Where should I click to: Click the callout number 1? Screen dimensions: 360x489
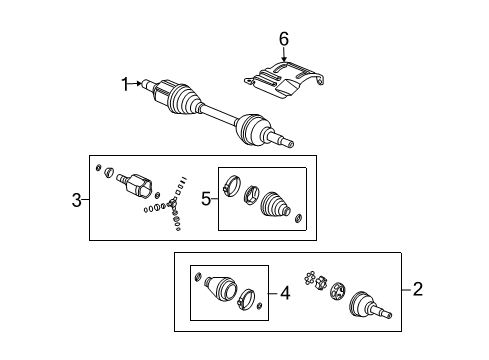[126, 85]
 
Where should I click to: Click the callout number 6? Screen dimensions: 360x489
[283, 38]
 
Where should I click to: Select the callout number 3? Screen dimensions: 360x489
[77, 201]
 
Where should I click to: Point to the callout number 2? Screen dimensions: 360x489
[418, 290]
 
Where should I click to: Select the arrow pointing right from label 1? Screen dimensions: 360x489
[140, 85]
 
